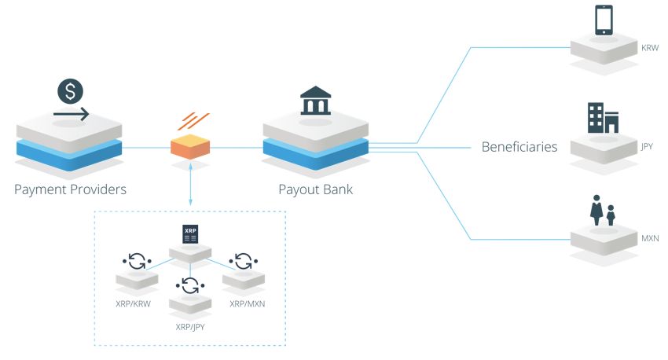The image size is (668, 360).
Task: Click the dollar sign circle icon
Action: (70, 91)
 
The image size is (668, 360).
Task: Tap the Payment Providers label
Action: (70, 189)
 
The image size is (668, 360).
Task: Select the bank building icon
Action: (315, 101)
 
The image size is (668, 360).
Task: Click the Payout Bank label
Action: (316, 189)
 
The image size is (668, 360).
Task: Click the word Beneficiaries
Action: (519, 146)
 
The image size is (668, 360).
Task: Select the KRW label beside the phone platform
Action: (649, 48)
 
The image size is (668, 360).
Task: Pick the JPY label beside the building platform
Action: (648, 146)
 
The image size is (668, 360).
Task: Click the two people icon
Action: (603, 210)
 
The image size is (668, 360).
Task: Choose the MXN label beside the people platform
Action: (649, 236)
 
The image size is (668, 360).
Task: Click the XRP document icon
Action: (190, 234)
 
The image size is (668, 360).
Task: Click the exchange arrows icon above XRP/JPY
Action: (190, 285)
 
